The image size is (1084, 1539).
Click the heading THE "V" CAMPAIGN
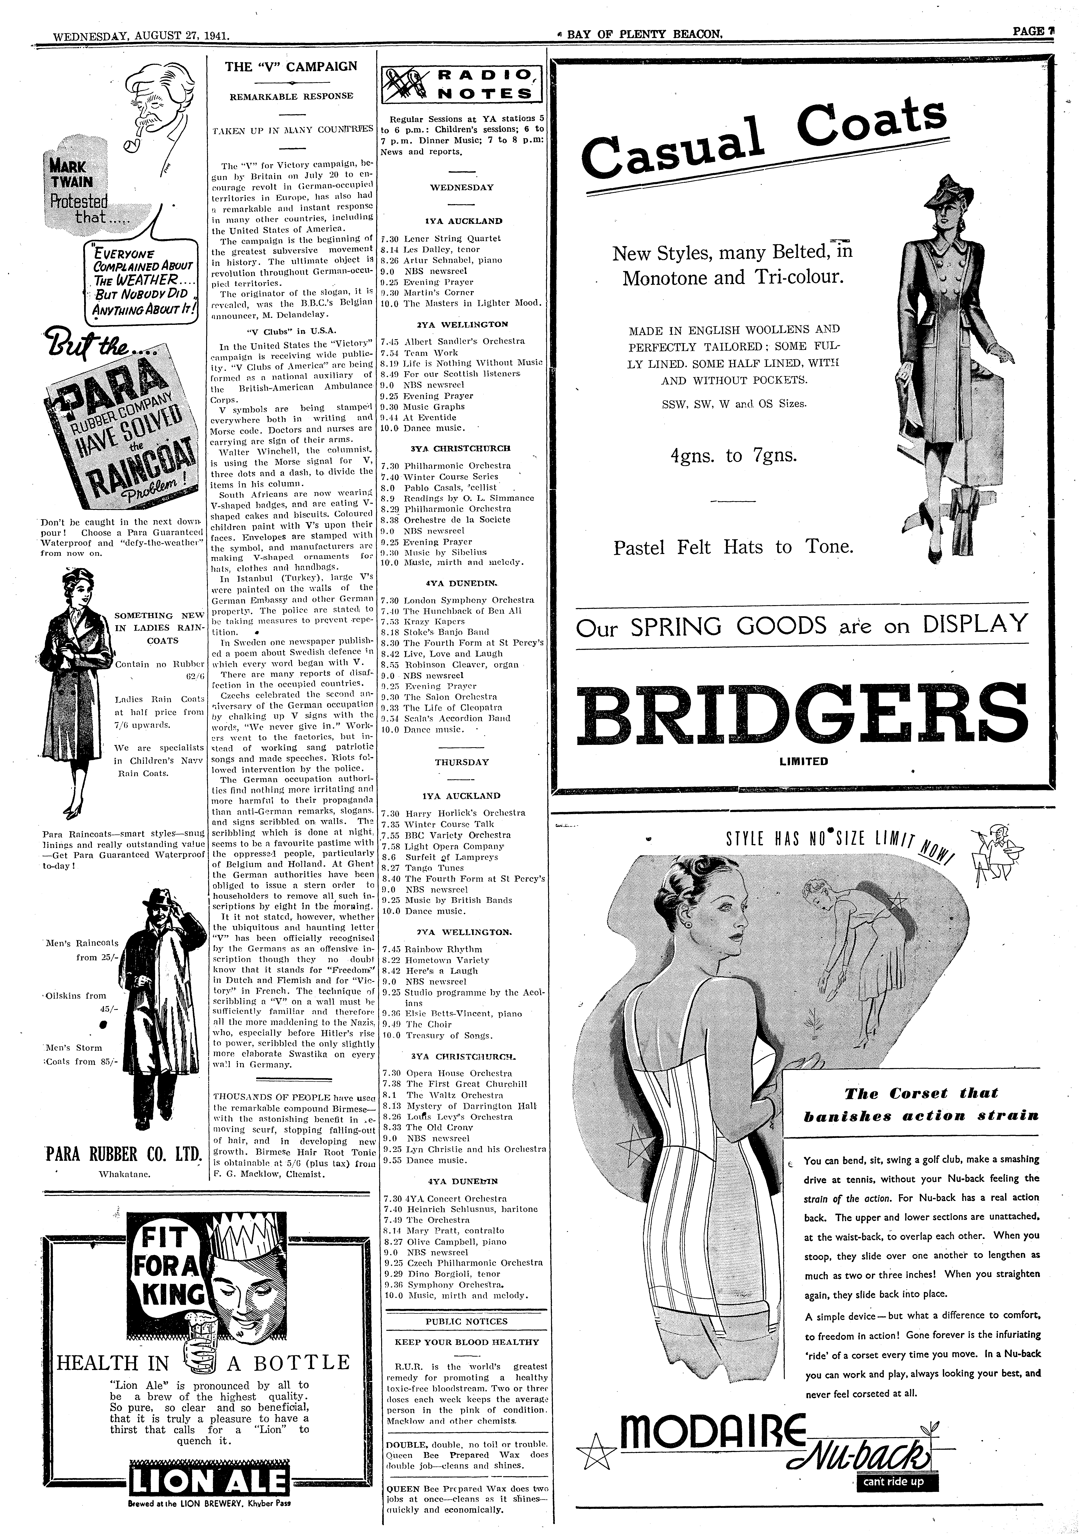(x=291, y=66)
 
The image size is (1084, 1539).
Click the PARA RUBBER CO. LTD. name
(x=123, y=1154)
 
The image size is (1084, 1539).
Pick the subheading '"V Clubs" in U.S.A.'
(x=291, y=330)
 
